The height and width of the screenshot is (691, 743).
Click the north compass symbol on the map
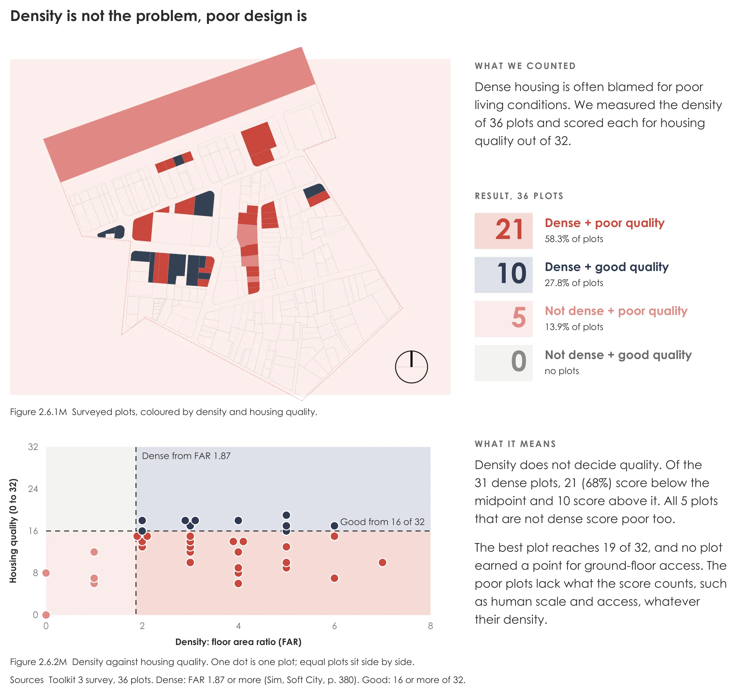tap(411, 367)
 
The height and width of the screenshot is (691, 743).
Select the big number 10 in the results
tap(511, 273)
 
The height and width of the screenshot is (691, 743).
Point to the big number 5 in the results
tap(519, 317)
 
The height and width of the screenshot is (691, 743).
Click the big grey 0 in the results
tap(519, 361)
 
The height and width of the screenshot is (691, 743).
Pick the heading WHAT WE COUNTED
tap(525, 66)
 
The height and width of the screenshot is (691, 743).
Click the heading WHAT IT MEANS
tap(515, 444)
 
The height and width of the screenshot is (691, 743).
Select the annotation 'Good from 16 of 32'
tap(382, 522)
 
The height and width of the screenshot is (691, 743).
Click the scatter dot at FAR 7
tap(382, 562)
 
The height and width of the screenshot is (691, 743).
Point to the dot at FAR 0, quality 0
tap(46, 615)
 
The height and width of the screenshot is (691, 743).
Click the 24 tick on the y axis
tap(33, 489)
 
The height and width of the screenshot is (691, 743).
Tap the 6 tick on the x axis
tap(334, 626)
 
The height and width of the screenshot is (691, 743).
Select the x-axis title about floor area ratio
tap(238, 642)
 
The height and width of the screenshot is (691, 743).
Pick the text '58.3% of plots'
tap(574, 239)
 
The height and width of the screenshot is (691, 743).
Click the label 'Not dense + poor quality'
tap(616, 311)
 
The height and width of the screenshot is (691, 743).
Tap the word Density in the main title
tap(36, 16)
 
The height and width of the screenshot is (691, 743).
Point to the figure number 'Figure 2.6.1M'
tap(38, 412)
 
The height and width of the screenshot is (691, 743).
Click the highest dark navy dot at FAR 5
tap(286, 515)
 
